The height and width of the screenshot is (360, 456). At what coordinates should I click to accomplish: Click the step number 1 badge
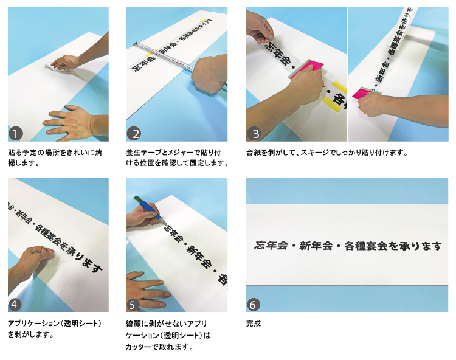click(16, 134)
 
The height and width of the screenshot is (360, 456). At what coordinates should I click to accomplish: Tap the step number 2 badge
click(134, 134)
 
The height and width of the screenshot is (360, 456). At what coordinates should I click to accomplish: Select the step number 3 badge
click(254, 134)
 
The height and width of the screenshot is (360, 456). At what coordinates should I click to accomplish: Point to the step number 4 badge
click(15, 305)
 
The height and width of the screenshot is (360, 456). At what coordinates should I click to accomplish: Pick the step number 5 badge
click(133, 305)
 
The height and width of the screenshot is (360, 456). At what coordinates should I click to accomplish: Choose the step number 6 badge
click(254, 305)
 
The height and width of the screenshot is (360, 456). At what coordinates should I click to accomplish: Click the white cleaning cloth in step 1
click(54, 67)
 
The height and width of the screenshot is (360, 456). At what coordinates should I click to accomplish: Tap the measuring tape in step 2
click(164, 57)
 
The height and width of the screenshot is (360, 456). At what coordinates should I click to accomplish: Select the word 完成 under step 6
click(254, 324)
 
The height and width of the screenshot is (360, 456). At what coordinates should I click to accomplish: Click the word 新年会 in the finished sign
click(316, 246)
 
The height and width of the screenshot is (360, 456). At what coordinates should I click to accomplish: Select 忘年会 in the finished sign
click(271, 246)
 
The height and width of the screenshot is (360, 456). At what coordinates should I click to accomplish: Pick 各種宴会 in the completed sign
click(366, 246)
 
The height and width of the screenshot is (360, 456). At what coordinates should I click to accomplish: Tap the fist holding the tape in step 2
click(209, 74)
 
